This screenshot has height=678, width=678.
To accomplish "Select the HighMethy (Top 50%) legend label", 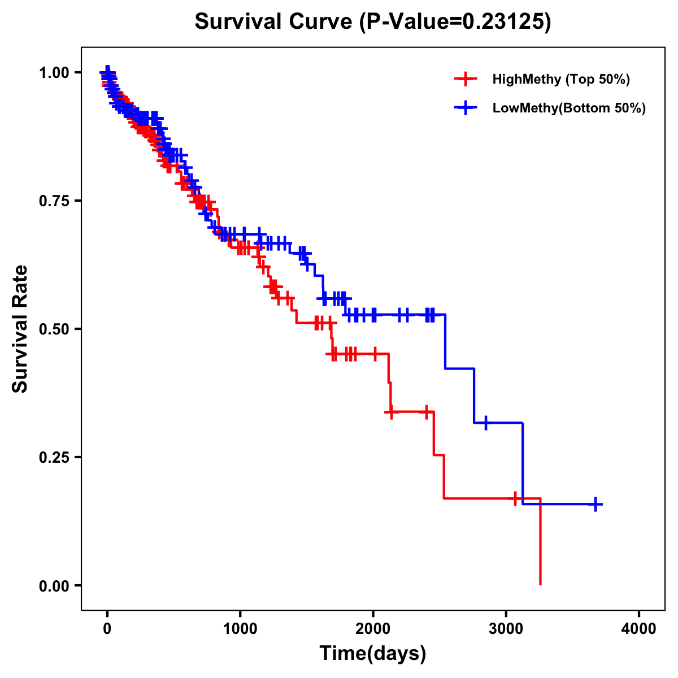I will click(x=560, y=79).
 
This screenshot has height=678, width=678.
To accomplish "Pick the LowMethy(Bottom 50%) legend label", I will click(x=569, y=108).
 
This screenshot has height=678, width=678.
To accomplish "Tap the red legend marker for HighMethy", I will click(x=465, y=79).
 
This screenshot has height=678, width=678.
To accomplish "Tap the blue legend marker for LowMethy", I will click(x=465, y=108).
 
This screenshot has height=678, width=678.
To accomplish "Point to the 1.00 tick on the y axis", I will click(x=54, y=72).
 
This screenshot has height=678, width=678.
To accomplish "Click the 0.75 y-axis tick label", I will click(x=54, y=201).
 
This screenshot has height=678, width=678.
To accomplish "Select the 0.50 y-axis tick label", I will click(x=54, y=329).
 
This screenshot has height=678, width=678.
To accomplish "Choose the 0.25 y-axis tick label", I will click(x=54, y=457).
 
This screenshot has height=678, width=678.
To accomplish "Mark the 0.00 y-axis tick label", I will click(x=54, y=585).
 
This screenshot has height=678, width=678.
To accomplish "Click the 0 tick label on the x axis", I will click(x=107, y=629).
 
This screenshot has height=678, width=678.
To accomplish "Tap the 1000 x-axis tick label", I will click(x=240, y=629).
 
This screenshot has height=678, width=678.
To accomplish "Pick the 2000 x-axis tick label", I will click(x=373, y=629).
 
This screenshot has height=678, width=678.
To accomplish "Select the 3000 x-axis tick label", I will click(x=506, y=629).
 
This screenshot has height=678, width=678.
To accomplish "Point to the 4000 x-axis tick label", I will click(x=638, y=629).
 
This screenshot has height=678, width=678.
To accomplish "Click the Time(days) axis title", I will click(x=373, y=653).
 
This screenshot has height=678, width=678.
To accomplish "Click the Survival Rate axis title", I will click(x=21, y=329).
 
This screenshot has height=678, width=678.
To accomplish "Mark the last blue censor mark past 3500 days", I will click(x=596, y=504).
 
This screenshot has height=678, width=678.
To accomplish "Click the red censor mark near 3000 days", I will click(x=515, y=498).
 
